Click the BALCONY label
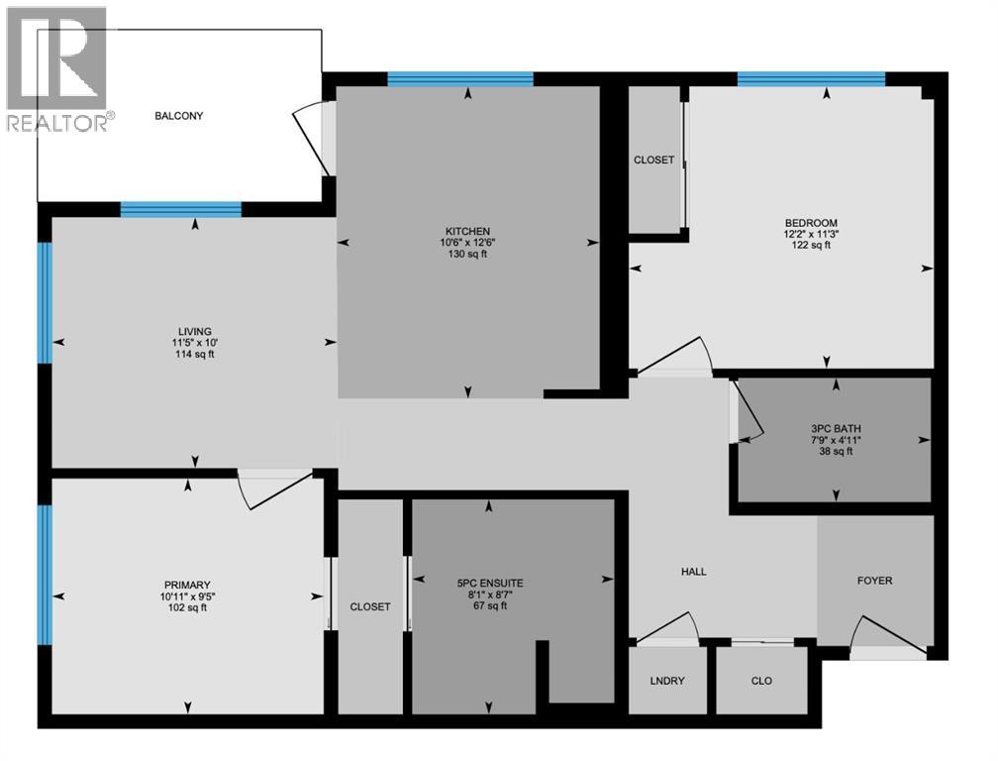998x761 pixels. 178,116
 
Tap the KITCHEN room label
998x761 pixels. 467,231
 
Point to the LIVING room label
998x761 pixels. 195,331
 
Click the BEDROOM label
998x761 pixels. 811,222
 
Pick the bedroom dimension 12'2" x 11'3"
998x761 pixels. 811,234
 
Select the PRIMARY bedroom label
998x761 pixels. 188,585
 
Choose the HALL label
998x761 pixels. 693,572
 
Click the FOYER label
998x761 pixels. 874,581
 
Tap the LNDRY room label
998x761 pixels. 667,682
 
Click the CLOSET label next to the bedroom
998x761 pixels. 653,160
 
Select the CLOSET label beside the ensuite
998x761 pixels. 370,606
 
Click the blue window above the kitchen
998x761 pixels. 460,79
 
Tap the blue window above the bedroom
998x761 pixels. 810,79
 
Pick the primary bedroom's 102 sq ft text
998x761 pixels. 188,608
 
